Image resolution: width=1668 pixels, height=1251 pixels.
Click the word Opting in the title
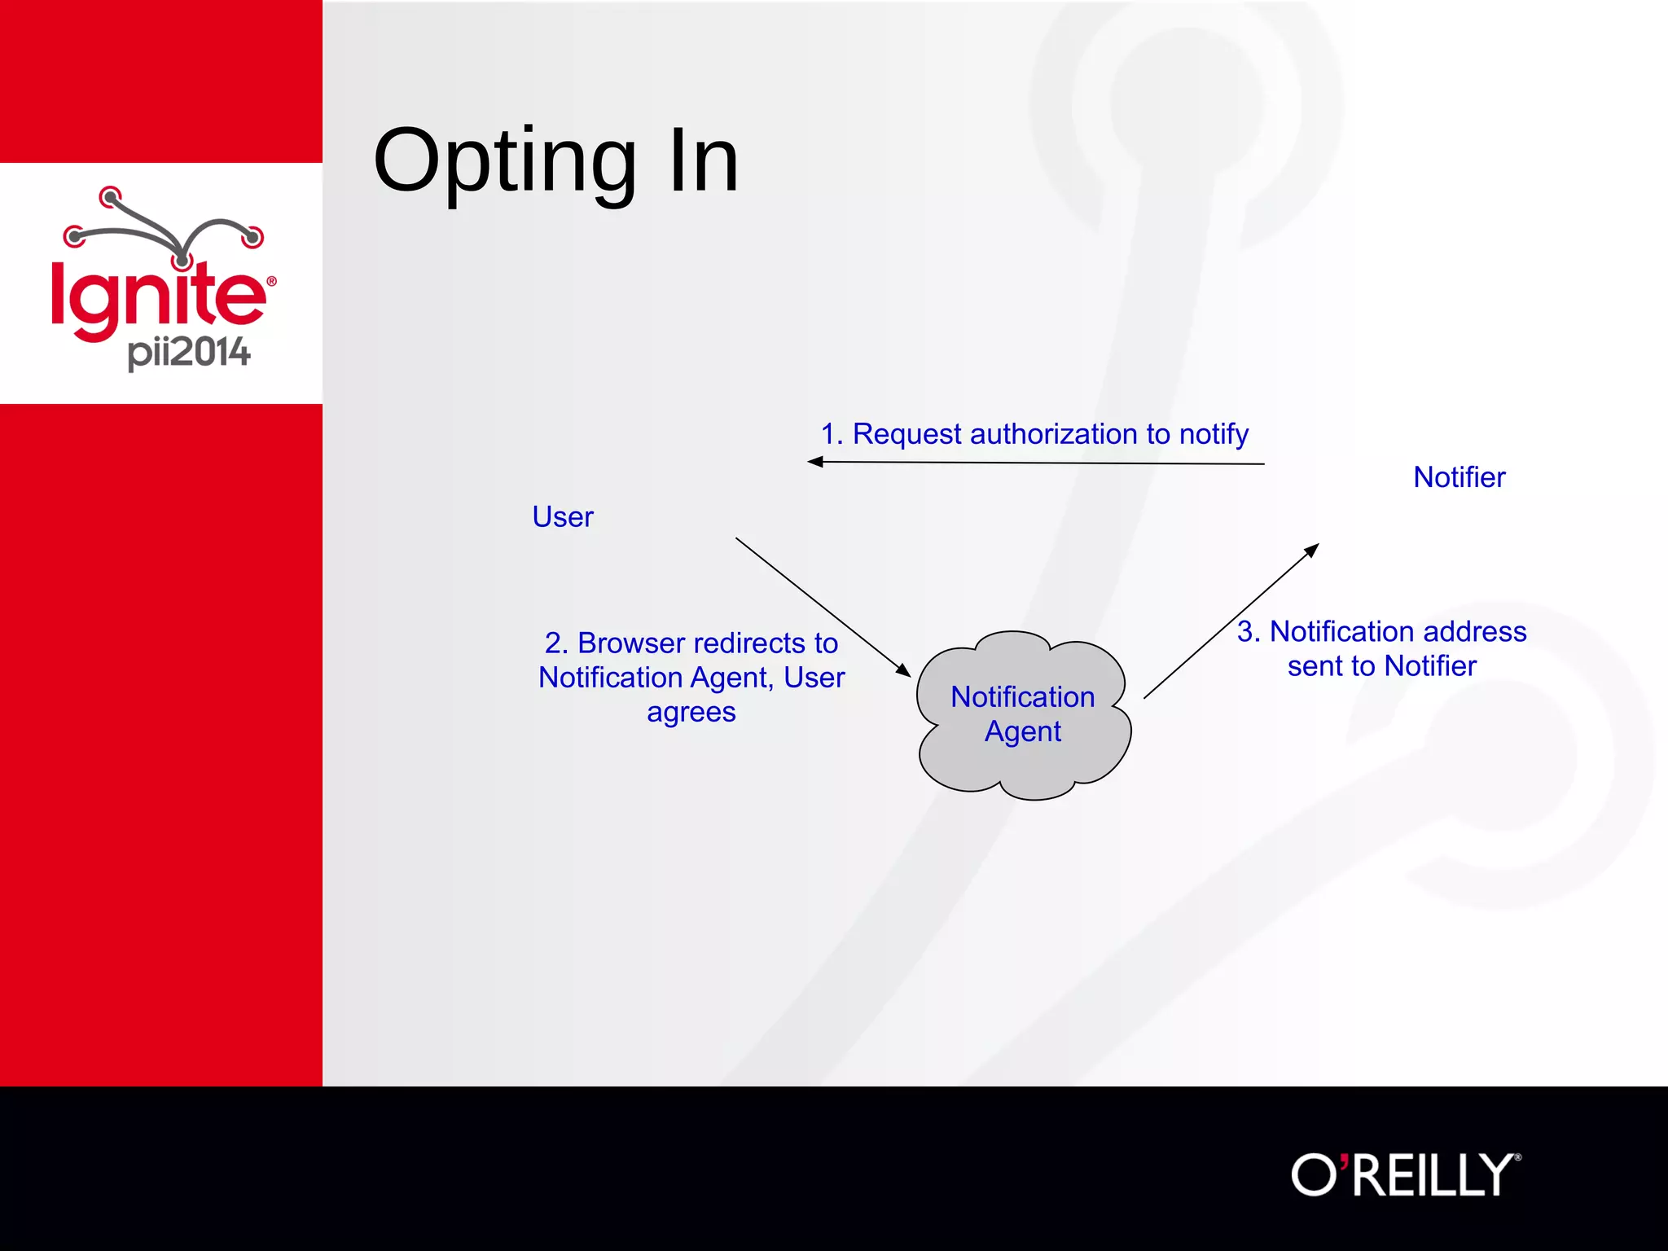pyautogui.click(x=504, y=163)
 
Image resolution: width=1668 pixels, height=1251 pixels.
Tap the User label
pyautogui.click(x=563, y=517)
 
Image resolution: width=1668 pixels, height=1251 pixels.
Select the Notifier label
pyautogui.click(x=1459, y=477)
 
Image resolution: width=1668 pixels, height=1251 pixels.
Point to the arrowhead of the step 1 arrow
pyautogui.click(x=814, y=462)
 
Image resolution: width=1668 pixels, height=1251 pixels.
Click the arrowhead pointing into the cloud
pyautogui.click(x=903, y=670)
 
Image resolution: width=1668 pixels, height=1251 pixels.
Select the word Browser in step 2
pyautogui.click(x=631, y=643)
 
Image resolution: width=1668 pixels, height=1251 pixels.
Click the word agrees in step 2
pyautogui.click(x=691, y=712)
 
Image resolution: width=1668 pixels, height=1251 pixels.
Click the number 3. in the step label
pyautogui.click(x=1249, y=632)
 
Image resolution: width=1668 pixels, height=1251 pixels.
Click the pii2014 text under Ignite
pyautogui.click(x=189, y=353)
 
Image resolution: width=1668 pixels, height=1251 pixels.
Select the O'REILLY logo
pyautogui.click(x=1405, y=1175)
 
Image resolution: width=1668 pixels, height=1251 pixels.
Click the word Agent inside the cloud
pyautogui.click(x=1022, y=731)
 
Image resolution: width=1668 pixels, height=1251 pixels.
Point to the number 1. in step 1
pyautogui.click(x=832, y=434)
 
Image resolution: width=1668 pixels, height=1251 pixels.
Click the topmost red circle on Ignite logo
pyautogui.click(x=110, y=197)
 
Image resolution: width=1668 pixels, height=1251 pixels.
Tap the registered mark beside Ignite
pyautogui.click(x=271, y=282)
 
